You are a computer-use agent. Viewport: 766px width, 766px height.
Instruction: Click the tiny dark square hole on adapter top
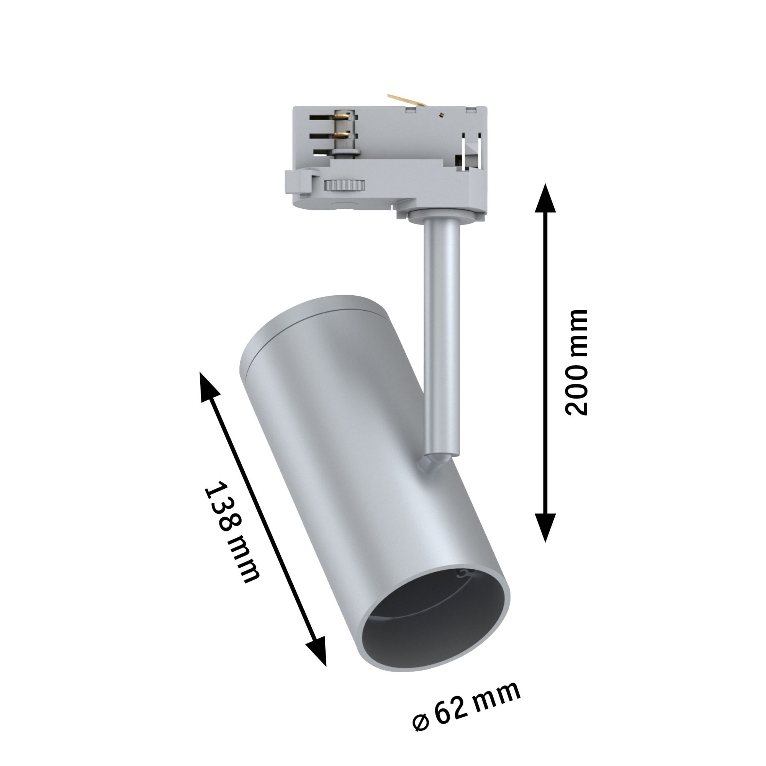pos(441,115)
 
